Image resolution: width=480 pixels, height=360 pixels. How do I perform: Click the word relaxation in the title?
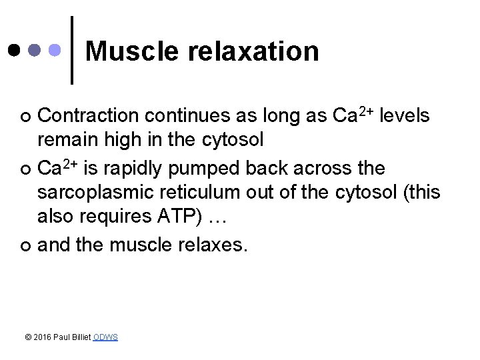pyautogui.click(x=255, y=51)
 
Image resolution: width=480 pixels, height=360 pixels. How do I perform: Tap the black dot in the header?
pyautogui.click(x=15, y=50)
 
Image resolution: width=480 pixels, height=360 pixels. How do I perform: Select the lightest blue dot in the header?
pyautogui.click(x=57, y=50)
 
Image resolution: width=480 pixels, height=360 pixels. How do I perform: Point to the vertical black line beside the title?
pyautogui.click(x=72, y=50)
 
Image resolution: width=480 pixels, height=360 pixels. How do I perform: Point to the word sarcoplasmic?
pyautogui.click(x=101, y=193)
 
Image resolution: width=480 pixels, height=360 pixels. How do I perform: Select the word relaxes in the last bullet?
pyautogui.click(x=215, y=247)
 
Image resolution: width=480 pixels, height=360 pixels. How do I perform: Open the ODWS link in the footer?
pyautogui.click(x=105, y=337)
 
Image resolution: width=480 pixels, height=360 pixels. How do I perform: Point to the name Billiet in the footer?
pyautogui.click(x=82, y=337)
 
